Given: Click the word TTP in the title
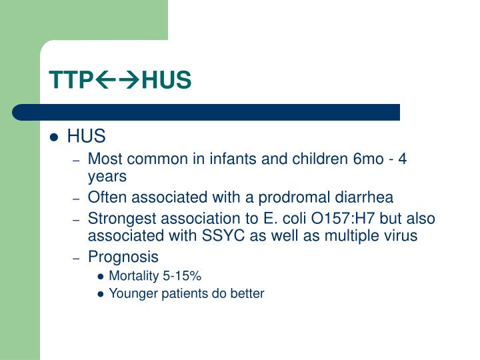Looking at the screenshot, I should pyautogui.click(x=69, y=80).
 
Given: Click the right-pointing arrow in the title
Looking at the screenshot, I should pyautogui.click(x=129, y=81).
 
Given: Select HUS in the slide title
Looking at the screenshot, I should pyautogui.click(x=167, y=80).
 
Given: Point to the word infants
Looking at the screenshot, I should pyautogui.click(x=235, y=159).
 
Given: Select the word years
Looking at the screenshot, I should pyautogui.click(x=107, y=177).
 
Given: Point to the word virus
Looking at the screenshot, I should pyautogui.click(x=399, y=235).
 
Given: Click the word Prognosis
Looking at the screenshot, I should pyautogui.click(x=123, y=257).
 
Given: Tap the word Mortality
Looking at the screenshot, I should pyautogui.click(x=133, y=276).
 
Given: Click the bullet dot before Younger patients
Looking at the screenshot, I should pyautogui.click(x=101, y=294).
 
